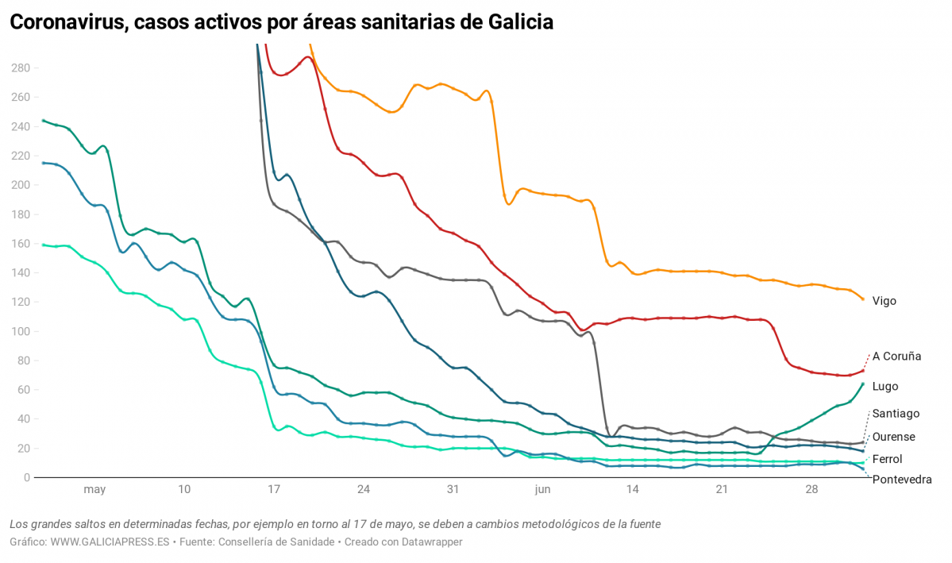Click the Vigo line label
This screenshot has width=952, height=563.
coord(884,301)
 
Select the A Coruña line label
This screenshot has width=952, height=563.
coord(896,357)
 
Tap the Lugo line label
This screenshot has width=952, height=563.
coord(885,387)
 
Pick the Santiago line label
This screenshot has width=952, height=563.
coord(896,414)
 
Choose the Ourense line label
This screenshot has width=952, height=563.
coord(893,437)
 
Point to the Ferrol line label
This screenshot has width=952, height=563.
coord(887,459)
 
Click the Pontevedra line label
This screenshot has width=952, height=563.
coord(901,479)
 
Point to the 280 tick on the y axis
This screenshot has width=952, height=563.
coord(20,68)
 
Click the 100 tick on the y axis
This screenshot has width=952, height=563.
coord(20,331)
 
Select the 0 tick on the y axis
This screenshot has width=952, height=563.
coord(26,477)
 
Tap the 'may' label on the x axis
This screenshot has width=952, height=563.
coord(94,490)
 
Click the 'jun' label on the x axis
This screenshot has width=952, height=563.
coord(542,490)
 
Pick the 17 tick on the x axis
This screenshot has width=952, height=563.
coord(274,490)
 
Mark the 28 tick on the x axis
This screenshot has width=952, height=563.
coord(811,490)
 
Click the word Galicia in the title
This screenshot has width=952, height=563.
coord(518,22)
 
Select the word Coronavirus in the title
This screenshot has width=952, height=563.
coord(66,22)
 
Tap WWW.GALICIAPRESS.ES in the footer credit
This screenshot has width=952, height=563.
coord(110,542)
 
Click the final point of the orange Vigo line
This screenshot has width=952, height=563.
coord(863,299)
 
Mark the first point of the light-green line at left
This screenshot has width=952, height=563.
coord(43,245)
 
